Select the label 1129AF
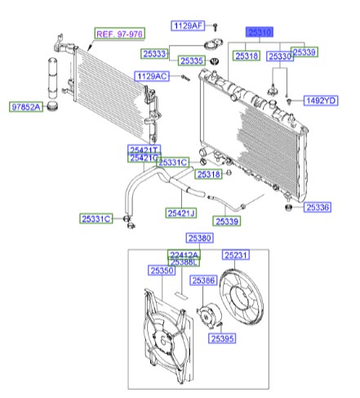tap(187, 26)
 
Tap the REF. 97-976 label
tap(119, 34)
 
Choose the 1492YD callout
tap(320, 101)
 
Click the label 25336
tap(318, 208)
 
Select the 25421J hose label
tap(182, 213)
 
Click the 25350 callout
tap(162, 270)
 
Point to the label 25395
tap(220, 338)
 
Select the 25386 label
tap(203, 280)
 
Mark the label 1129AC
tap(152, 75)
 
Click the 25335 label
tap(192, 60)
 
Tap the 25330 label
tap(280, 56)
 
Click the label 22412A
tap(184, 254)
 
